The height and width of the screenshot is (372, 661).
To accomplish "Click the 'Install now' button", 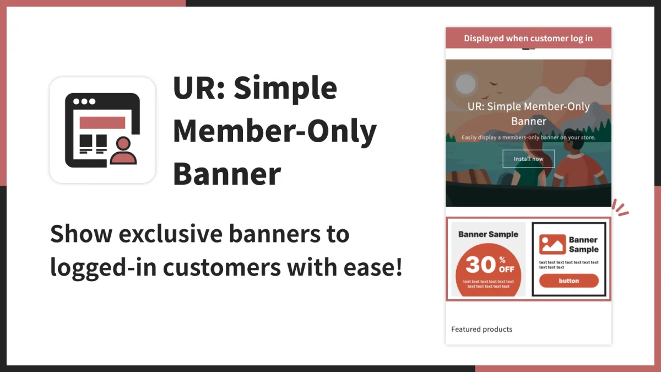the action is point(528,159).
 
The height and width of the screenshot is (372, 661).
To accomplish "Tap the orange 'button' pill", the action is point(569,281).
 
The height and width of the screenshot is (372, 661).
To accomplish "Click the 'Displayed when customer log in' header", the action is point(528,38).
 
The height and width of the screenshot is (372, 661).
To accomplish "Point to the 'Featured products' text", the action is point(481,329).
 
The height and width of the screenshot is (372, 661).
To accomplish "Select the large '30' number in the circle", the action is point(481,264).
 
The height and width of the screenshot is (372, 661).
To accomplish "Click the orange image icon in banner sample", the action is point(552,245).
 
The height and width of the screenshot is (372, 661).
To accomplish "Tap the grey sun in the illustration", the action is point(465,84).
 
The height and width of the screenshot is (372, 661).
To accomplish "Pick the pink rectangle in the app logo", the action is point(102,122).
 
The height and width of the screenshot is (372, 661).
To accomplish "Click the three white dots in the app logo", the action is point(84,101).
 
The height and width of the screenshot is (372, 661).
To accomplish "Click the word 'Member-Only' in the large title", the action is point(275,131).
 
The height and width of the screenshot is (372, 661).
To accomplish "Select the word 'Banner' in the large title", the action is point(227,174).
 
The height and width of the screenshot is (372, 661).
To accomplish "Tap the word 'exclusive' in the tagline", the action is point(171,234).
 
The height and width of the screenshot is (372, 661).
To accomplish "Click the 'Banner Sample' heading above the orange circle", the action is point(489,234).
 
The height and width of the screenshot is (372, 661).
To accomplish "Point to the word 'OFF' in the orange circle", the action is point(507,269).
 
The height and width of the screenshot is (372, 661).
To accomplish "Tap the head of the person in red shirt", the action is point(574,142).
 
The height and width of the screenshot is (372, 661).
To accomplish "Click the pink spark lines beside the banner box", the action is point(620,208).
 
